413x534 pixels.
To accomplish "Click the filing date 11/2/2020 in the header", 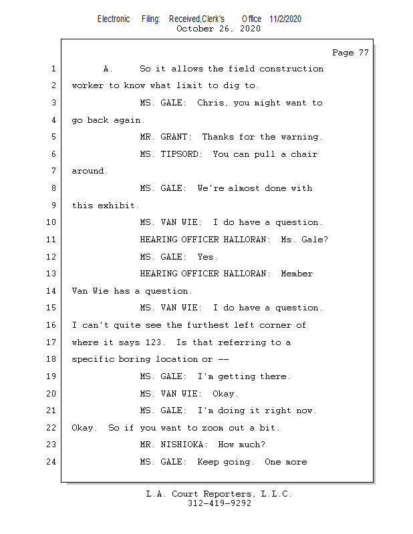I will [x=285, y=19].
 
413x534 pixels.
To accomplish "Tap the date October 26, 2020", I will [x=218, y=29].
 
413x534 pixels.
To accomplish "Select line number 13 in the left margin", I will [x=53, y=274].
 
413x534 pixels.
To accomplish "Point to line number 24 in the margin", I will [x=53, y=462].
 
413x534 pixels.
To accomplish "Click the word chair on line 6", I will [x=303, y=154].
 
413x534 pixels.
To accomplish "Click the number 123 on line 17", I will [x=154, y=342].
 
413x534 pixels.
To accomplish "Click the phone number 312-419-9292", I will [x=219, y=504].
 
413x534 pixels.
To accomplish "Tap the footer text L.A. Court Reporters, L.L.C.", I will [x=219, y=495].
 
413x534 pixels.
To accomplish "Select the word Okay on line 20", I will [x=225, y=394].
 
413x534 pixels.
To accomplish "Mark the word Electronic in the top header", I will [x=114, y=19].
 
